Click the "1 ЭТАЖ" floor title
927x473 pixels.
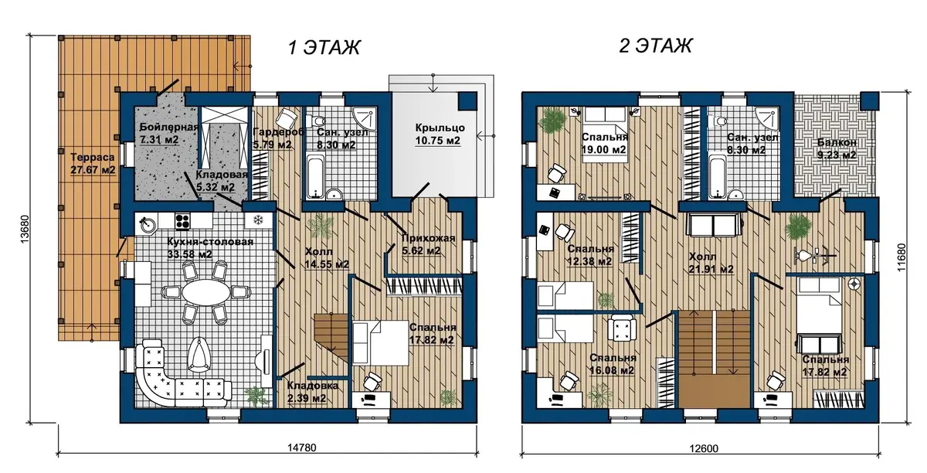tap(324, 47)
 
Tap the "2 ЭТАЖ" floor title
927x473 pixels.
tap(655, 46)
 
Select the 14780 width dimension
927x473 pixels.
tap(302, 447)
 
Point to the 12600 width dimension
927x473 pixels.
tap(704, 448)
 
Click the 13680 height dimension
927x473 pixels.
tap(25, 229)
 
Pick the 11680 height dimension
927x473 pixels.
tap(902, 257)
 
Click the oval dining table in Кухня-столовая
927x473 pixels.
tap(206, 292)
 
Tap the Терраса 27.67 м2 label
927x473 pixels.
tap(93, 164)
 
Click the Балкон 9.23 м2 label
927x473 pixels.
tap(837, 149)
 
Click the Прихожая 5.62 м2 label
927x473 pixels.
tap(428, 244)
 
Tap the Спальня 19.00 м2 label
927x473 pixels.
tap(604, 143)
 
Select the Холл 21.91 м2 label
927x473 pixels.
tap(711, 263)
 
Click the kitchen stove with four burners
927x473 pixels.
tap(182, 221)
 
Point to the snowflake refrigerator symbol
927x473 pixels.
tap(259, 220)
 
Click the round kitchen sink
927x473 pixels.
tap(147, 224)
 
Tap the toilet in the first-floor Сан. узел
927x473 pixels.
tap(317, 121)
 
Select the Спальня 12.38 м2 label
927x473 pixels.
tap(590, 255)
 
